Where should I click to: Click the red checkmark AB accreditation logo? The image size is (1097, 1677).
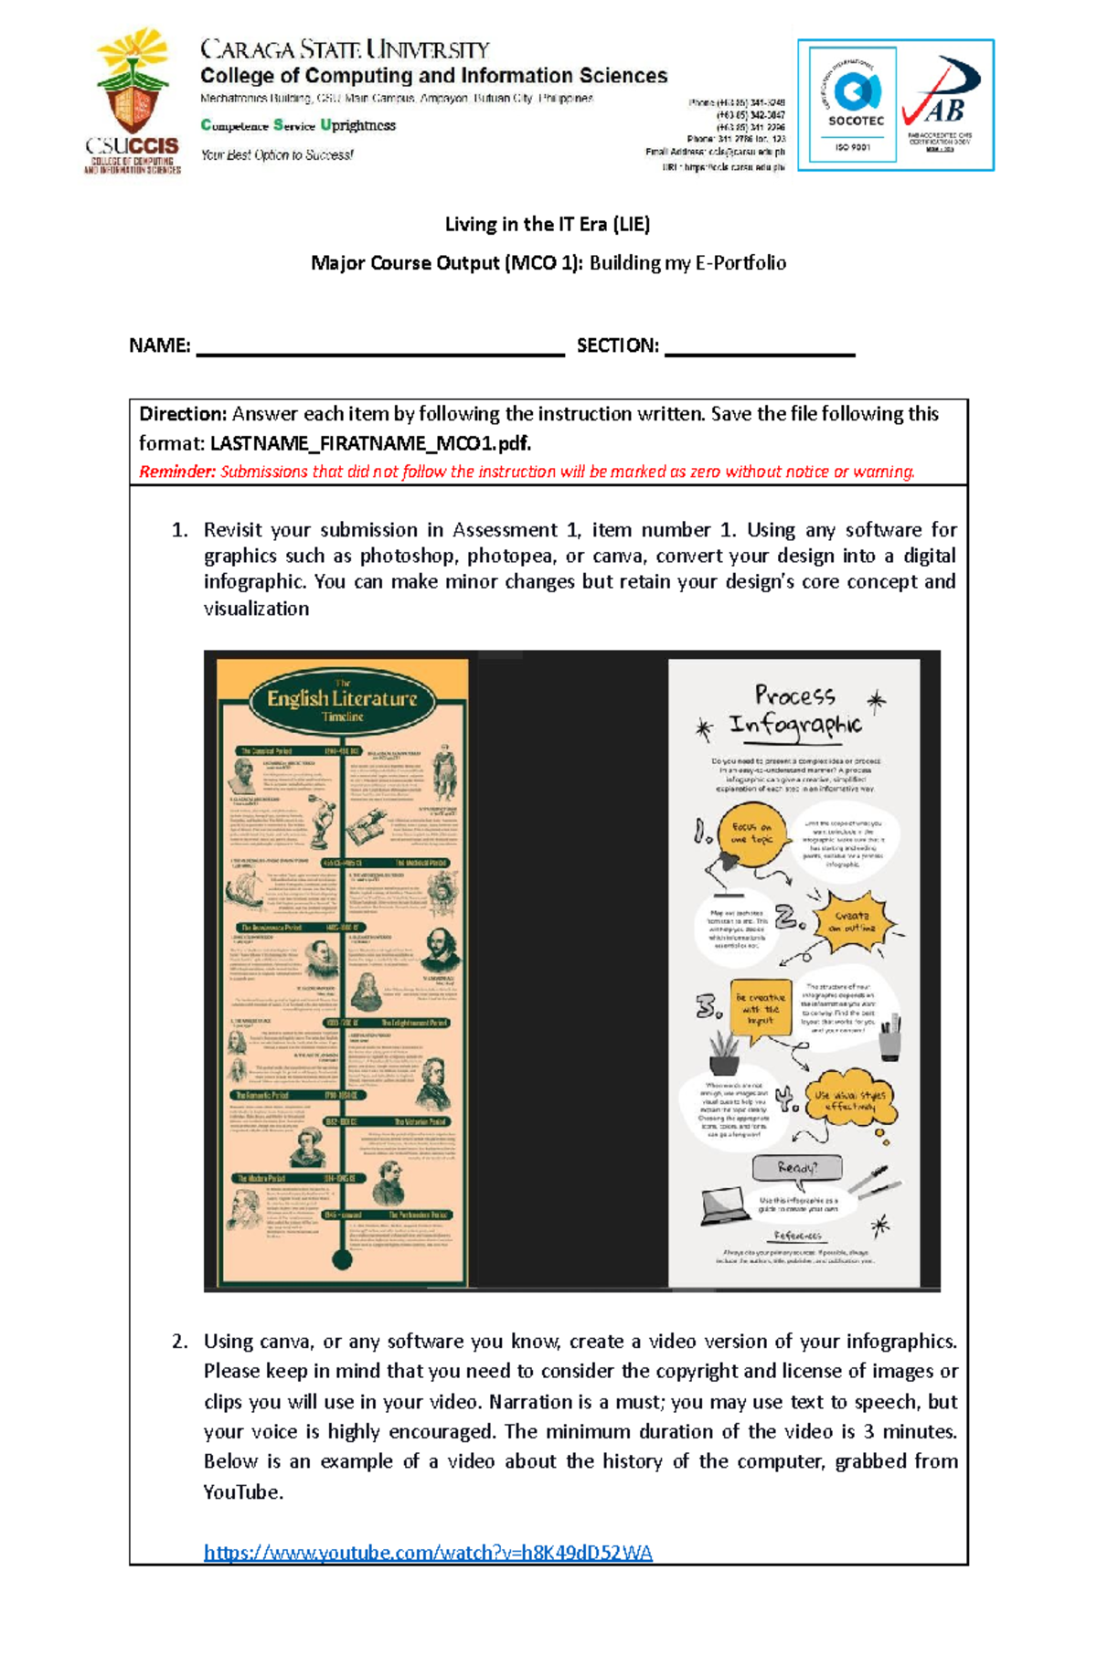tap(942, 101)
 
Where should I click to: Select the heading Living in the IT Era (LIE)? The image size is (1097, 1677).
tap(547, 224)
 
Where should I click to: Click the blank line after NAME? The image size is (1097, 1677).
tap(380, 347)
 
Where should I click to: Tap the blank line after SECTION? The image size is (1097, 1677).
tap(760, 347)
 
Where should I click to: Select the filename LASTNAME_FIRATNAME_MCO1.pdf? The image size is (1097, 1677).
tap(370, 443)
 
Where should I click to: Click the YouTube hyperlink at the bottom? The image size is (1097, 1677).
tap(428, 1553)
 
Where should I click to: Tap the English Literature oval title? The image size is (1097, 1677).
tap(342, 702)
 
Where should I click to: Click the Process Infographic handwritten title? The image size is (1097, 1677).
tap(794, 710)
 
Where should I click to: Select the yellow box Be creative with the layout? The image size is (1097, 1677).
tap(760, 1008)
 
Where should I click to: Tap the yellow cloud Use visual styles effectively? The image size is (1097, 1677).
tap(849, 1100)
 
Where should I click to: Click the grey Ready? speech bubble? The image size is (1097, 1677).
tap(796, 1167)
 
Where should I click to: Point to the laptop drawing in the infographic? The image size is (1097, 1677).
tap(726, 1205)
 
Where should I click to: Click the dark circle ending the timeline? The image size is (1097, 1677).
tap(342, 1260)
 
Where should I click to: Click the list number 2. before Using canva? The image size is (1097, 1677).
tap(180, 1342)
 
